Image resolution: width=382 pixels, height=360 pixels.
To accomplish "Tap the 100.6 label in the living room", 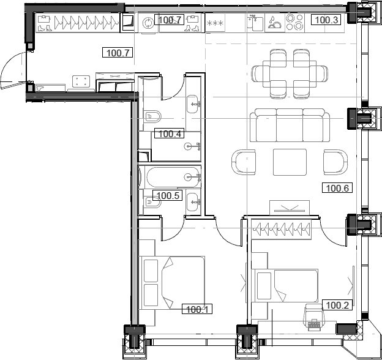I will (x=337, y=188).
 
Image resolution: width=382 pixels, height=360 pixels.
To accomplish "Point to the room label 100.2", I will (x=336, y=305).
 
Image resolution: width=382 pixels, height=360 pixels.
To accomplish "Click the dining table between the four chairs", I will (x=292, y=74).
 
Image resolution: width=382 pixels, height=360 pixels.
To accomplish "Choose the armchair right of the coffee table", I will (x=334, y=162).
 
